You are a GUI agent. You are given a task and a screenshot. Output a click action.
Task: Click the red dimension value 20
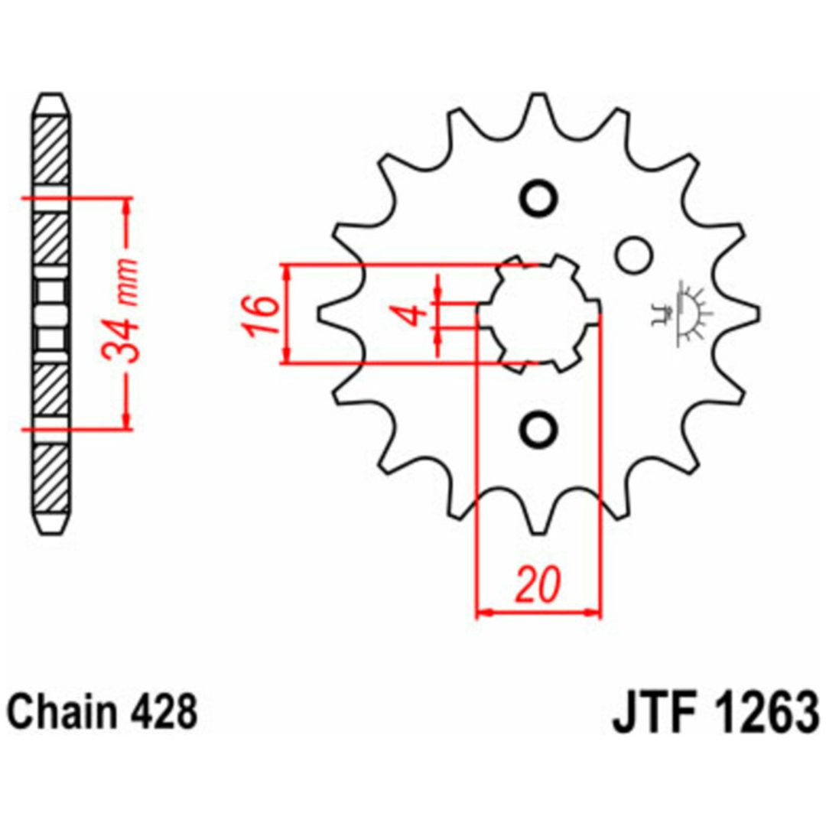[x=538, y=584]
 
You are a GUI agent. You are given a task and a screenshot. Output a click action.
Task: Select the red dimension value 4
[x=417, y=316]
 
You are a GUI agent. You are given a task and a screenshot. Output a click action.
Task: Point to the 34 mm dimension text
[x=121, y=311]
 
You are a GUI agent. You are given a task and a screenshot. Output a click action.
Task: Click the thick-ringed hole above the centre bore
[x=538, y=199]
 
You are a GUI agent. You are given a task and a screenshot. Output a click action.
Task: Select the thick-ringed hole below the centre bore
[x=538, y=428]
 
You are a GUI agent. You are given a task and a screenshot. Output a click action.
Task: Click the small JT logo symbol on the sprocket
[x=681, y=314]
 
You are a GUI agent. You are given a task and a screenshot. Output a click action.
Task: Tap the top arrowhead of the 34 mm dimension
[x=126, y=207]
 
